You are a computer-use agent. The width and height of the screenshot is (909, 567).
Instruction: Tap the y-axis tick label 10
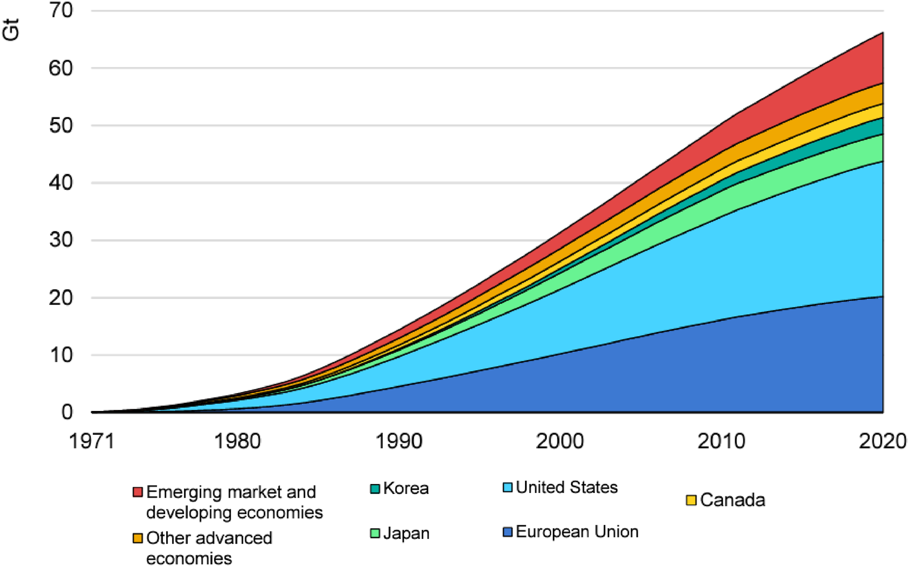click(x=61, y=355)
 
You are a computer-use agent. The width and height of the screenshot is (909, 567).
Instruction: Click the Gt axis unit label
click(x=10, y=29)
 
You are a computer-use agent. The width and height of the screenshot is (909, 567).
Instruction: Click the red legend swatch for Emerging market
click(x=137, y=492)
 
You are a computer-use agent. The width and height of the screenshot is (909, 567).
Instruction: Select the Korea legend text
click(x=406, y=488)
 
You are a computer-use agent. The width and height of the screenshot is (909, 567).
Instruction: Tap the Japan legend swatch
click(x=375, y=533)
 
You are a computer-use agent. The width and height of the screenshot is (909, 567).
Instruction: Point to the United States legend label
click(x=567, y=487)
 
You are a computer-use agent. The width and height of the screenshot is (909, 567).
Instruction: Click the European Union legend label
click(x=577, y=532)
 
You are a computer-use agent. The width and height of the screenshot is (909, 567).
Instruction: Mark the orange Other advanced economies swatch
click(x=137, y=538)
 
